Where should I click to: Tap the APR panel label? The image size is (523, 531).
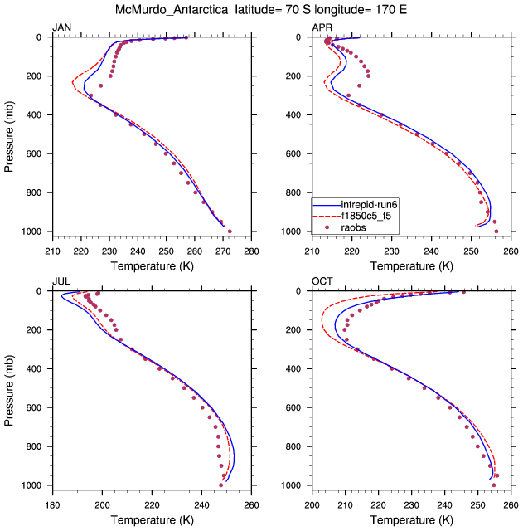point(321,28)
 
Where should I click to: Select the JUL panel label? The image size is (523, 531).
point(60,282)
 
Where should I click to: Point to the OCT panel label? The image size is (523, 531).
point(321,282)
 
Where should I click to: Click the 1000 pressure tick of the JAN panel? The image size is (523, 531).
point(32,231)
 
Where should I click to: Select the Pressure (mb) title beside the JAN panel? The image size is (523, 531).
point(9,134)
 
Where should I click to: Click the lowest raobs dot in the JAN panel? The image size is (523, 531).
point(230,231)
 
